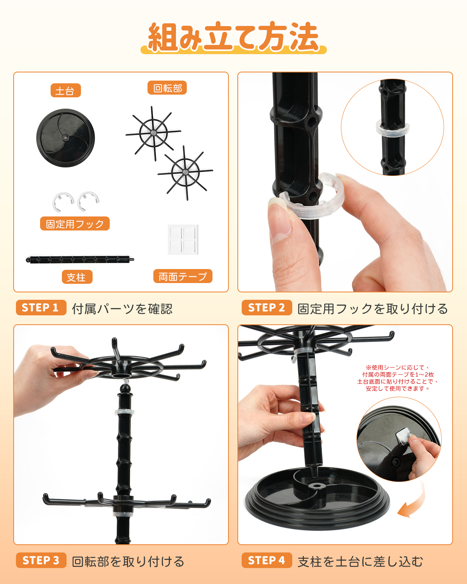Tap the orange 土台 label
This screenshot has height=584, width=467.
[66, 90]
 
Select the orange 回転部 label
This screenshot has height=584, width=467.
[167, 88]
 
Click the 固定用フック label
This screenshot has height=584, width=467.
[75, 223]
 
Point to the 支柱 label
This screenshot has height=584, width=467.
[77, 277]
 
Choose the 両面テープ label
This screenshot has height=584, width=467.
[183, 276]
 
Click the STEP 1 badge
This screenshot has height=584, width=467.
[41, 308]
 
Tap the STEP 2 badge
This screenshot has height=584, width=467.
[267, 308]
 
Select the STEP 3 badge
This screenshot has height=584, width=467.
[41, 560]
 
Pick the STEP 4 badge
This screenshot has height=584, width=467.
[267, 560]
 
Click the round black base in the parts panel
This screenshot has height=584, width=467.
[66, 138]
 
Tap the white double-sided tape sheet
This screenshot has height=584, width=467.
[183, 239]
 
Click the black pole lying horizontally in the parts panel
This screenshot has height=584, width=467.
[80, 259]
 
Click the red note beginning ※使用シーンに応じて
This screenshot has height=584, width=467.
[398, 378]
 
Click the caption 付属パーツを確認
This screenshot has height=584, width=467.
[122, 309]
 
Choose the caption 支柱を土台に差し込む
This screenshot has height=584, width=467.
[360, 561]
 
